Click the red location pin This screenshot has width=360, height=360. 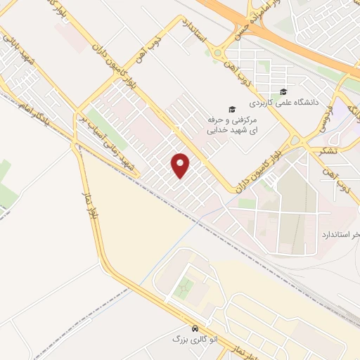tap(181, 165)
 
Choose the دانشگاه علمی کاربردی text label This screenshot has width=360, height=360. tap(310, 103)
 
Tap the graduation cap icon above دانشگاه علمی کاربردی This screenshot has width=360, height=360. tap(283, 91)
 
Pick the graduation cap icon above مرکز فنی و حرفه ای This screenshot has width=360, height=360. tap(231, 109)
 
